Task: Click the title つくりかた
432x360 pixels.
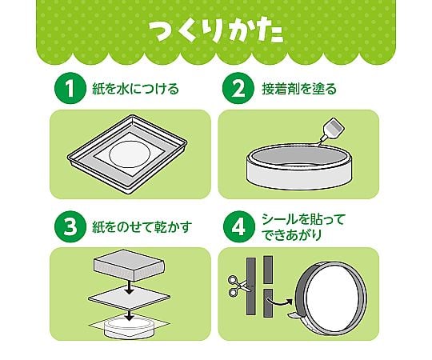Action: point(216,32)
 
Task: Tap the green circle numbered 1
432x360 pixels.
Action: point(70,87)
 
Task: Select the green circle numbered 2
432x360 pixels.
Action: point(238,87)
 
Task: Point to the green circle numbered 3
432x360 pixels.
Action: point(70,226)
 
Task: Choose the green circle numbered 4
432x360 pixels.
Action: point(238,226)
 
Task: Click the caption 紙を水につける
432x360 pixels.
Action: point(135,89)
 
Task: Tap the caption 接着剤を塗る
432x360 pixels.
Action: point(299,89)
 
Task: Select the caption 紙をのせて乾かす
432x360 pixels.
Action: point(142,227)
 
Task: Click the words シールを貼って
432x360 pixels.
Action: point(303,219)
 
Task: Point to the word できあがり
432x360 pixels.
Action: point(291,234)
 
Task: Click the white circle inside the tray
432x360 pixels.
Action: point(130,154)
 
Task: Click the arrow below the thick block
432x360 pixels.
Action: point(129,287)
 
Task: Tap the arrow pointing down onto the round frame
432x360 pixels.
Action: point(129,315)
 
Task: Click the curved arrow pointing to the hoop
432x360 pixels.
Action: point(279,302)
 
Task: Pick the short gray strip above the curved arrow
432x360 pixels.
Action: point(268,270)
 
